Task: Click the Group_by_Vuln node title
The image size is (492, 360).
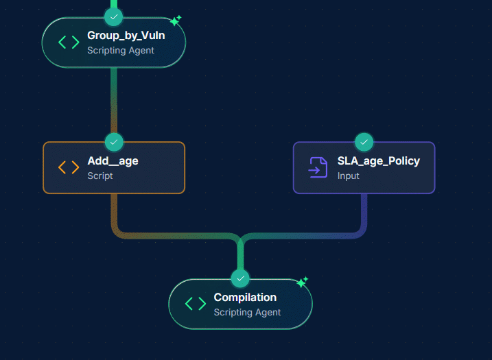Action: (x=126, y=36)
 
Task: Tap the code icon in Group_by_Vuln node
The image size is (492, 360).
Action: (x=69, y=43)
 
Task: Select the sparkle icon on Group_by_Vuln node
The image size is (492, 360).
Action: (x=176, y=21)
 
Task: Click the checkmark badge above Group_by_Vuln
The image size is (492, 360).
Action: (x=114, y=16)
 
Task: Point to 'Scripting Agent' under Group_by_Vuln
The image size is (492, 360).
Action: (x=120, y=50)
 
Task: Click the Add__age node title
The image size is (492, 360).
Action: (x=113, y=161)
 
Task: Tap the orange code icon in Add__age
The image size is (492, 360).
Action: (x=69, y=167)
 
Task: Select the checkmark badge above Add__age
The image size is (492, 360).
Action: (x=114, y=142)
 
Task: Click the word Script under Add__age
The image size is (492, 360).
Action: (x=100, y=176)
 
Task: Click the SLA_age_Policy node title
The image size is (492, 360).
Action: (x=378, y=161)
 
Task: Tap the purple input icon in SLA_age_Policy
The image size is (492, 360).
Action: (x=318, y=167)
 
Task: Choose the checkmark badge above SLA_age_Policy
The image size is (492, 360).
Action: (x=364, y=142)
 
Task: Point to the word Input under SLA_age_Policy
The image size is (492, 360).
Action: (x=348, y=176)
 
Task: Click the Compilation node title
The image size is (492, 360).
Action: (x=245, y=298)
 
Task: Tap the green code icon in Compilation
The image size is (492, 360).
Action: (x=196, y=304)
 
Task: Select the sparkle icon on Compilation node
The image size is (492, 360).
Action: (x=302, y=282)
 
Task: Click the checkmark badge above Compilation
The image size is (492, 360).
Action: (x=240, y=278)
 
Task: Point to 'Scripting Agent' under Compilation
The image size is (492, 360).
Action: (x=247, y=312)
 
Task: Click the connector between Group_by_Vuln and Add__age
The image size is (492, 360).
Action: (x=114, y=99)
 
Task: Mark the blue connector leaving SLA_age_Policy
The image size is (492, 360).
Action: (x=364, y=213)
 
